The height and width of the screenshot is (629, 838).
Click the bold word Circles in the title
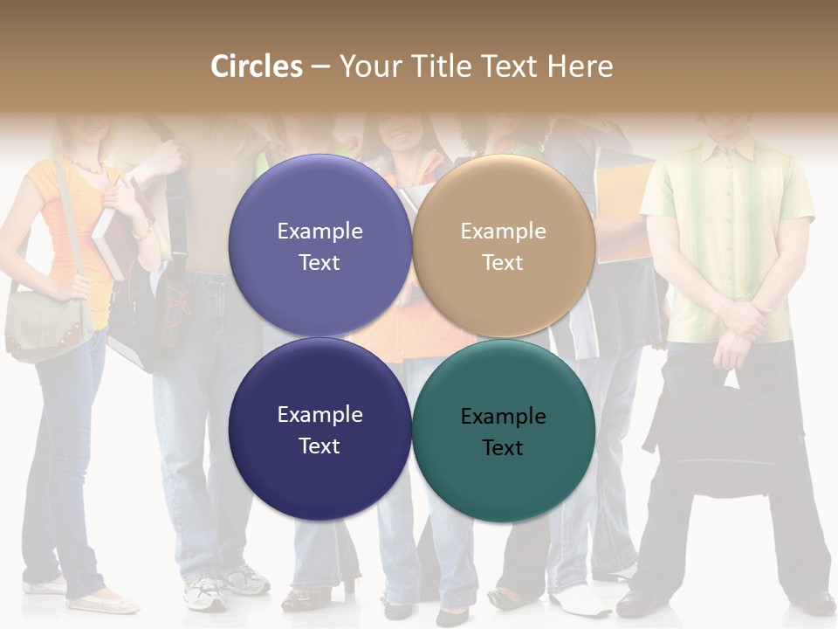click(257, 66)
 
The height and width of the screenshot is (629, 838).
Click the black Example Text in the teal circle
click(503, 432)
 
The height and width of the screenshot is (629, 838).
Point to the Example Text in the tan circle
click(503, 246)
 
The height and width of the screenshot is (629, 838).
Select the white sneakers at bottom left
click(223, 587)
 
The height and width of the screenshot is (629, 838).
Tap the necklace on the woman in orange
click(88, 165)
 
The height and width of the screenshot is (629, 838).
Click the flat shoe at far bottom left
click(100, 603)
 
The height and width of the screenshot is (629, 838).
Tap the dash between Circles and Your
click(320, 67)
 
